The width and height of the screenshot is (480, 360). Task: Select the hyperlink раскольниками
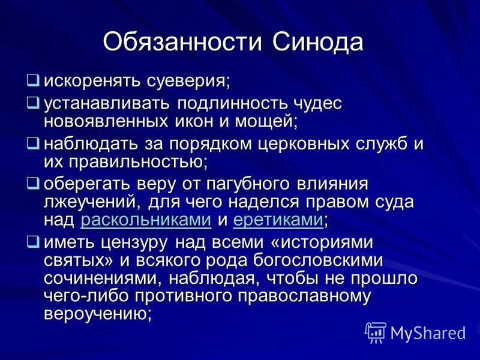point(145,220)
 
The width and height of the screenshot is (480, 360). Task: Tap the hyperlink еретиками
point(277,220)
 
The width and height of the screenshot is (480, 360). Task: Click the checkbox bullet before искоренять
point(34,79)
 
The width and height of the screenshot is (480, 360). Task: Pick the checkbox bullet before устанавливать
point(34,103)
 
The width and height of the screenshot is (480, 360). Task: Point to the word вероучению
point(97,313)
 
